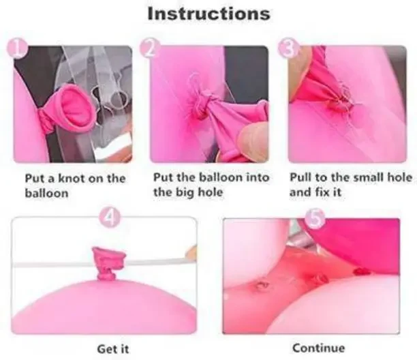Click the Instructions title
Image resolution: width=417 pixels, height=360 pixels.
pyautogui.click(x=208, y=14)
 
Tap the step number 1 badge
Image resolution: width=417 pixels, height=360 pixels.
pyautogui.click(x=17, y=48)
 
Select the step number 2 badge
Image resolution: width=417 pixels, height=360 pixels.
pyautogui.click(x=150, y=48)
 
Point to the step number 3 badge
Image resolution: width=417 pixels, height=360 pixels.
pyautogui.click(x=288, y=48)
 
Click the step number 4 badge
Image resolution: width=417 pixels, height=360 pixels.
pyautogui.click(x=109, y=218)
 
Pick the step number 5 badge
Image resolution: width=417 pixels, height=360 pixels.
pyautogui.click(x=315, y=218)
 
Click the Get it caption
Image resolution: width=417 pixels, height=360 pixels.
pyautogui.click(x=113, y=349)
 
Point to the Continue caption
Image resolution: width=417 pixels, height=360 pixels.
pyautogui.click(x=318, y=348)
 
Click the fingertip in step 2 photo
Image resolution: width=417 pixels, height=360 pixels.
pyautogui.click(x=253, y=141)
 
